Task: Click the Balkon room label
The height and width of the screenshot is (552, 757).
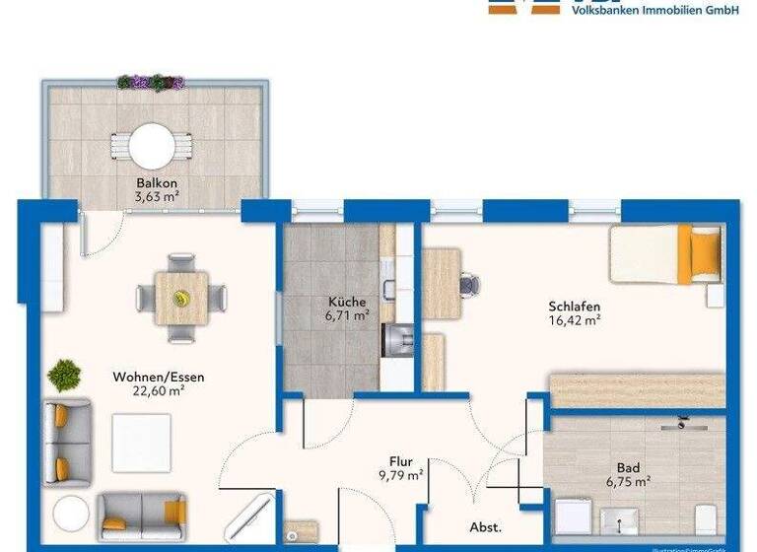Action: point(158,182)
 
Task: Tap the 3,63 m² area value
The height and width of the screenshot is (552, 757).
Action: point(158,195)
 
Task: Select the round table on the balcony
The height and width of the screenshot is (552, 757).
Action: point(152,145)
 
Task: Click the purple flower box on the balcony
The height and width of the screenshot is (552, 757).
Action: point(151,83)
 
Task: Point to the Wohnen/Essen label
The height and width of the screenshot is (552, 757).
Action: point(159,377)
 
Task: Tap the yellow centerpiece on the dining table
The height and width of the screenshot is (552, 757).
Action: point(181,297)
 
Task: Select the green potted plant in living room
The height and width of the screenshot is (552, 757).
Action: point(65,376)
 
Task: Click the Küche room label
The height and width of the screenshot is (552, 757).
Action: point(347,302)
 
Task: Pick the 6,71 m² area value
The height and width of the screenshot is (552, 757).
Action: point(347,315)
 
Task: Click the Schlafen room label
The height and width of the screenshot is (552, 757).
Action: point(575,306)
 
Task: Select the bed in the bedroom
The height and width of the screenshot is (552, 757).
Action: point(666,254)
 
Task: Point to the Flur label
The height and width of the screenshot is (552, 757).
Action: point(400,460)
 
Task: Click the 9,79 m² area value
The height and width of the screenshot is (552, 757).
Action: point(400,474)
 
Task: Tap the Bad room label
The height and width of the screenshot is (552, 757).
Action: point(628,467)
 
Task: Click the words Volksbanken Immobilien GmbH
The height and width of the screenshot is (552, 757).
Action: point(654,10)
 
